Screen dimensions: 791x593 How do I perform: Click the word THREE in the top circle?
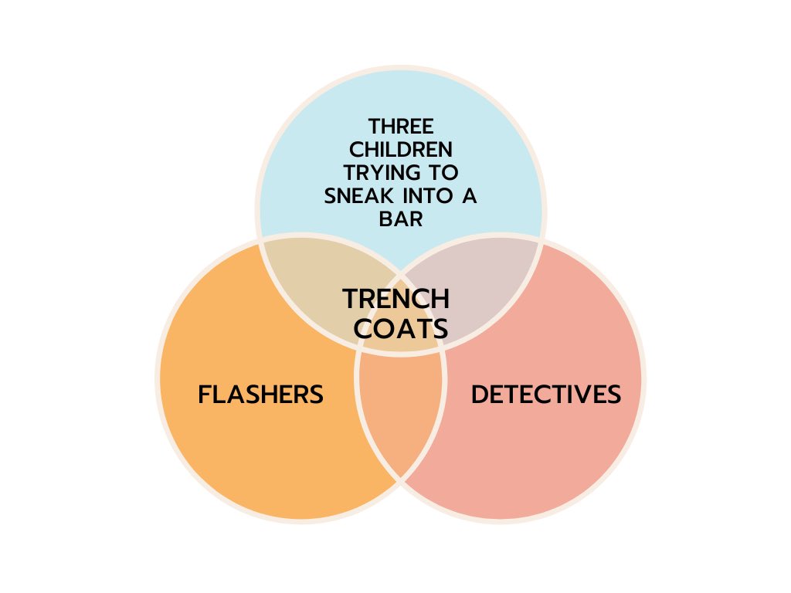tap(401, 127)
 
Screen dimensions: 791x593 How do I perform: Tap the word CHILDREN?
tap(401, 150)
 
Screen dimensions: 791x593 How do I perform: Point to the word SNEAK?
tap(358, 196)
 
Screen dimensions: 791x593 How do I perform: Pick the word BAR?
tap(401, 219)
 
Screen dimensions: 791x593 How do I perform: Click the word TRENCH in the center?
tap(396, 299)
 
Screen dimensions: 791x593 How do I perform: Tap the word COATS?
tap(401, 329)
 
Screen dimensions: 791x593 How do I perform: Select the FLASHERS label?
tap(260, 395)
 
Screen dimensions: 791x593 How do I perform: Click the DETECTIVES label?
tap(546, 395)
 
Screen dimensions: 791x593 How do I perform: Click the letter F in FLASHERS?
tap(205, 395)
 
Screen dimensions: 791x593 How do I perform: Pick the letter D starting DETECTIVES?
tap(479, 395)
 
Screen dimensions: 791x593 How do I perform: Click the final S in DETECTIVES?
tap(613, 395)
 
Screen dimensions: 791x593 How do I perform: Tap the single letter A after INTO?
tap(469, 196)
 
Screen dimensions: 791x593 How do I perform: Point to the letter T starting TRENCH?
tap(351, 299)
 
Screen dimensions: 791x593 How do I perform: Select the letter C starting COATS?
tap(363, 329)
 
